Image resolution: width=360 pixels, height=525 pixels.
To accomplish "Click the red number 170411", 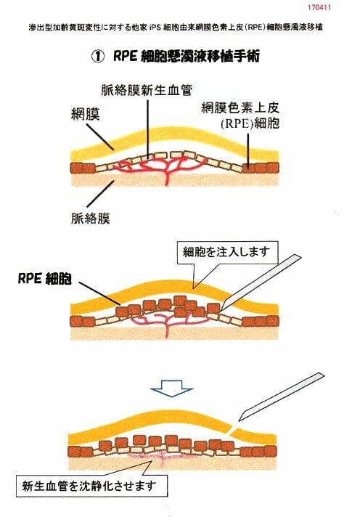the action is [319, 7].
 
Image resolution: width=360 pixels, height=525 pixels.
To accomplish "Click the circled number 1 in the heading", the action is [98, 57].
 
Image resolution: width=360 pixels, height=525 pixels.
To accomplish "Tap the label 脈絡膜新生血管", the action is [147, 90].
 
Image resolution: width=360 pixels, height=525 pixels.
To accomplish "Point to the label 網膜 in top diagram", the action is [86, 115].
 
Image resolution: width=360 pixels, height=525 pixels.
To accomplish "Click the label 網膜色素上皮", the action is [240, 107].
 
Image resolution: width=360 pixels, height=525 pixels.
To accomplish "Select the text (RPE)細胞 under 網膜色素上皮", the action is [250, 123].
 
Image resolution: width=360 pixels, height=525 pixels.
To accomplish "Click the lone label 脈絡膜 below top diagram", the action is [91, 219].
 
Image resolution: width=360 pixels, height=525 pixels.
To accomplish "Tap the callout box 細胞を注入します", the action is [227, 252].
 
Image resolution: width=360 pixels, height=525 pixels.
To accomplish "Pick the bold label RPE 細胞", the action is [45, 279].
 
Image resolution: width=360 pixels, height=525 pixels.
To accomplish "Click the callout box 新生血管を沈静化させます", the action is [91, 485].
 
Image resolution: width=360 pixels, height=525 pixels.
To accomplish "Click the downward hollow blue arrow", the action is [171, 388].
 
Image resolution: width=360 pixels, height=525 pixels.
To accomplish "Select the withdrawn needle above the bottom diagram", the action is [282, 396].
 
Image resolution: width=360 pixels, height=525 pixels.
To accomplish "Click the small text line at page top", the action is [176, 27].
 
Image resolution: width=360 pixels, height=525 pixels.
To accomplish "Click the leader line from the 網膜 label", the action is [100, 137].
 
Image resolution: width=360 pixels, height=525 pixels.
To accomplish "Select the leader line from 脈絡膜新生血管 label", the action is [148, 127].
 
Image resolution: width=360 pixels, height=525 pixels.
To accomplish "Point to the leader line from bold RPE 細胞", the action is [99, 293].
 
